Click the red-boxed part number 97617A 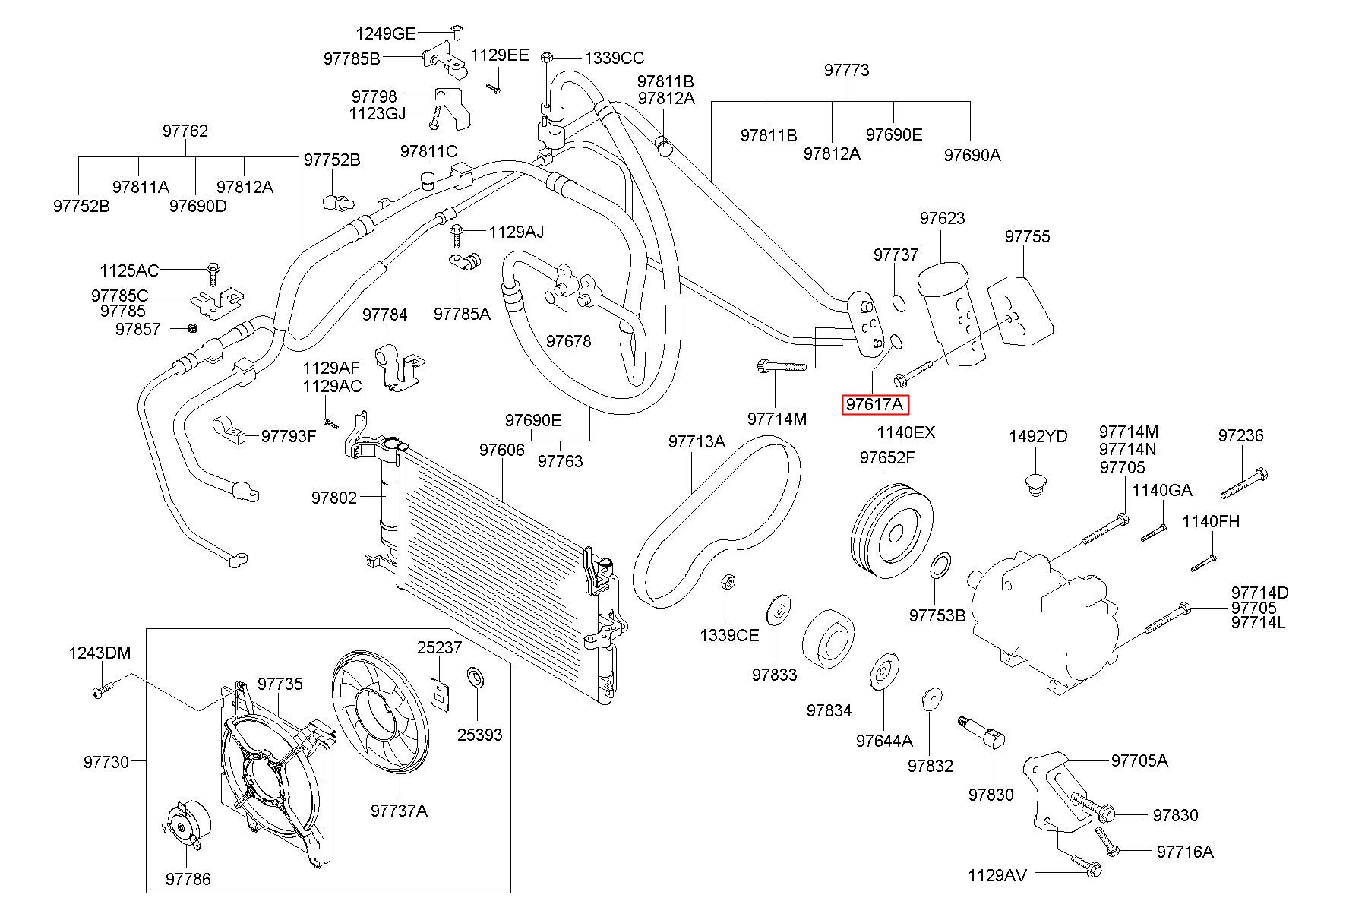point(875,405)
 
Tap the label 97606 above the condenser point(501,451)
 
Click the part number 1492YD point(1038,437)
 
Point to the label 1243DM point(100,653)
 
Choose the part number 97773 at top point(846,70)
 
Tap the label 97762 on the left point(185,131)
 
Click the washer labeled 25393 point(476,676)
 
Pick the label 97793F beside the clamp point(289,436)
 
